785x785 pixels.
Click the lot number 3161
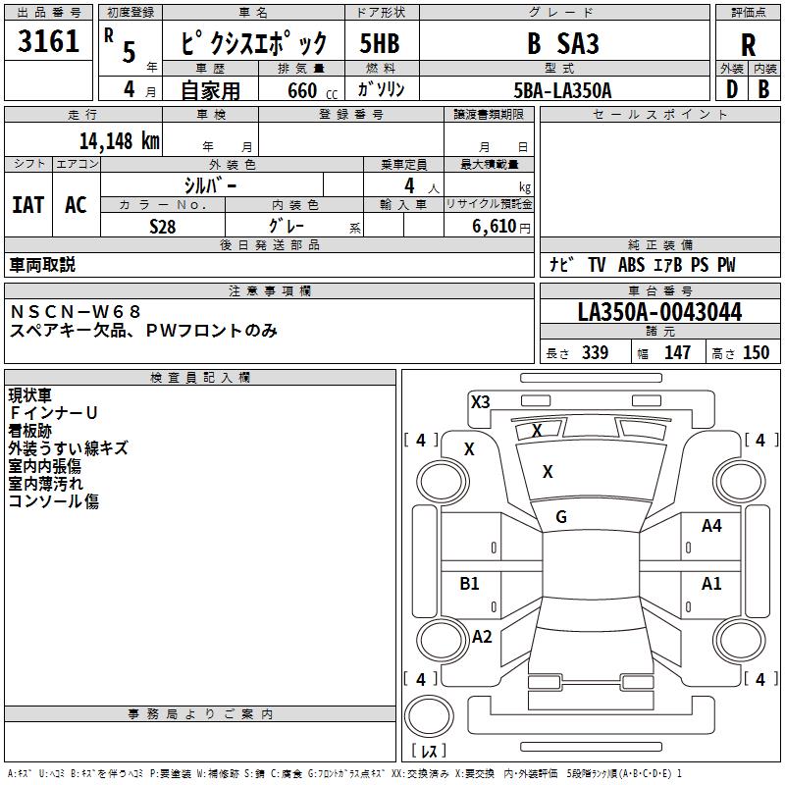(48, 40)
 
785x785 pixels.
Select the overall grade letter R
(748, 44)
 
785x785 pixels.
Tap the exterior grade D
(732, 89)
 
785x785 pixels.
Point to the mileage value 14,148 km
(120, 141)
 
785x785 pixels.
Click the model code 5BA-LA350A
(562, 90)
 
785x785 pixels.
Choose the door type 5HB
(380, 43)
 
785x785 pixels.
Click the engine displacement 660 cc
(312, 91)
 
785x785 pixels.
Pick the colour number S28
(163, 227)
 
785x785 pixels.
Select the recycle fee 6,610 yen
(501, 227)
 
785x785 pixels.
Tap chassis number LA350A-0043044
(659, 312)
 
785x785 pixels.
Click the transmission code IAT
(28, 205)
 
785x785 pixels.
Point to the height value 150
(756, 352)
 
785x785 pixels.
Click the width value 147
(677, 352)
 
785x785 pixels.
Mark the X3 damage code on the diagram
(480, 401)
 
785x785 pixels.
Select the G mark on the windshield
(561, 517)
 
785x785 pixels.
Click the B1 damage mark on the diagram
(469, 583)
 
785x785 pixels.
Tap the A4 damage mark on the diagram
(711, 526)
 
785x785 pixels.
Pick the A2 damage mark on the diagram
(482, 636)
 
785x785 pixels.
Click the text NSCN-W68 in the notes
(76, 312)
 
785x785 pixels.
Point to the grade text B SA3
(563, 43)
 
